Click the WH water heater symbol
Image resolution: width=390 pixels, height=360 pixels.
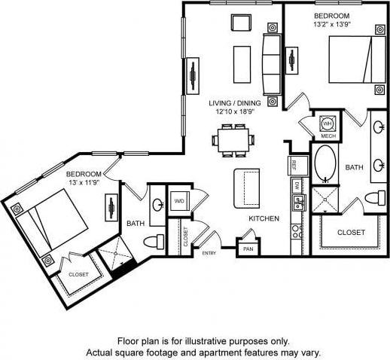pyautogui.click(x=328, y=123)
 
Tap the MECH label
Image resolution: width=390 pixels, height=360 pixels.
pyautogui.click(x=328, y=136)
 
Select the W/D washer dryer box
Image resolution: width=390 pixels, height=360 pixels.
pyautogui.click(x=180, y=201)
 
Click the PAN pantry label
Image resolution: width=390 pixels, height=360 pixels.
pyautogui.click(x=248, y=249)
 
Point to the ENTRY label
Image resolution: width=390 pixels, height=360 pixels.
pyautogui.click(x=209, y=253)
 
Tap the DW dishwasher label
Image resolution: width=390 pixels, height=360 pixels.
pyautogui.click(x=297, y=185)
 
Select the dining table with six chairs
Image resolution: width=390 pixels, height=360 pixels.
pyautogui.click(x=231, y=139)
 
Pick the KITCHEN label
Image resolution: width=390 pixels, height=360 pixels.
pyautogui.click(x=264, y=218)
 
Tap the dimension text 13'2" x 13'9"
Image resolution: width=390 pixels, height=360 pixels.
pyautogui.click(x=332, y=24)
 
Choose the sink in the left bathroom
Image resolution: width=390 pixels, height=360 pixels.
pyautogui.click(x=158, y=204)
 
